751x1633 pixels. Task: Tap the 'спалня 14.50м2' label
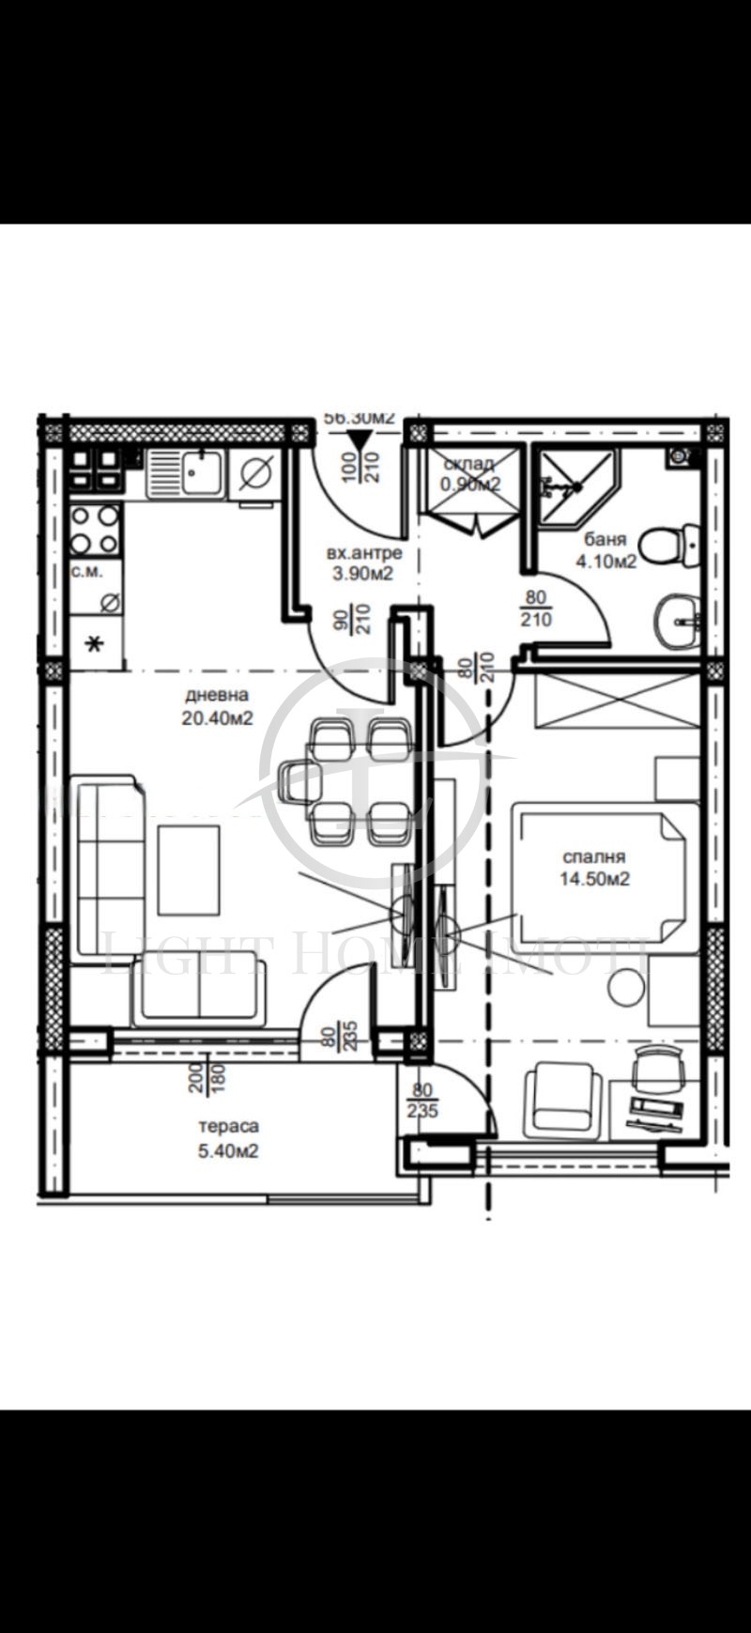[594, 869]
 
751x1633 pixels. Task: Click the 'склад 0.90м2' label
[470, 475]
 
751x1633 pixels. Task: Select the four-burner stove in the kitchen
[96, 530]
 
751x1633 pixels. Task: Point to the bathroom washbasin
[681, 621]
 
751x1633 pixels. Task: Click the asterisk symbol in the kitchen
[94, 644]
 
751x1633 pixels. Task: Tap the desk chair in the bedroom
[657, 1069]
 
